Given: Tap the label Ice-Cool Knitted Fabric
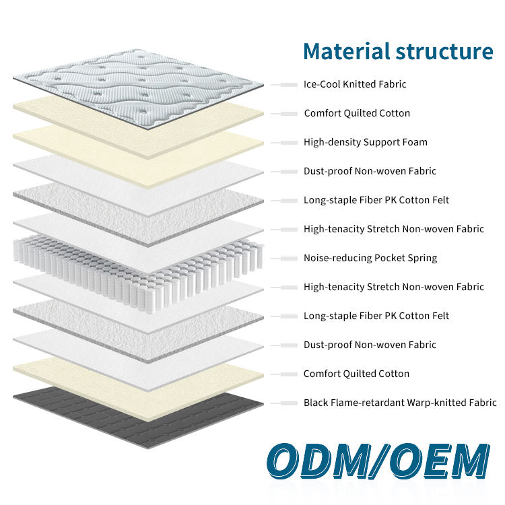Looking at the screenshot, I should tap(355, 84).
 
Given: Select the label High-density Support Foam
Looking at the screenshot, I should tap(365, 142).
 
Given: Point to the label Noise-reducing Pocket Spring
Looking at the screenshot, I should tap(370, 258).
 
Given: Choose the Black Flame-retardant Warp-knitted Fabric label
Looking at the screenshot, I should tap(400, 403).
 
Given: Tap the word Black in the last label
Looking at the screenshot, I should tap(316, 403).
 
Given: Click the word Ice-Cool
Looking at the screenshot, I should tap(322, 84).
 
